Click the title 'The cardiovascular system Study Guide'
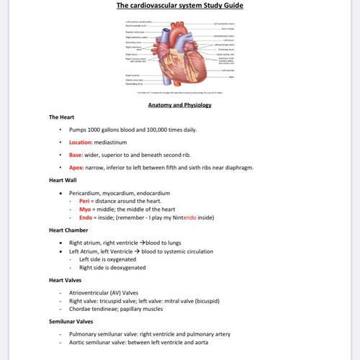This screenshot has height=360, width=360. point(179,6)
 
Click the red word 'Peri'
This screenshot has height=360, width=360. point(84,201)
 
